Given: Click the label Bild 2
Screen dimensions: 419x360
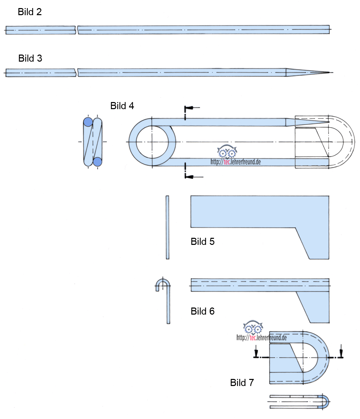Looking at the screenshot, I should (x=30, y=12).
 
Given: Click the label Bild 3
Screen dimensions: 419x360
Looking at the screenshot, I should (x=30, y=58).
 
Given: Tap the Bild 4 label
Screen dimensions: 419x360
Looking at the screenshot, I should (x=122, y=106).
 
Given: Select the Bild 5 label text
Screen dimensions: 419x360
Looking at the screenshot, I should (x=202, y=241).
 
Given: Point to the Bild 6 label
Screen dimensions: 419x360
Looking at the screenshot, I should (x=202, y=311).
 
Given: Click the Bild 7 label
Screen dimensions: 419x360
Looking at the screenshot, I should (x=242, y=383).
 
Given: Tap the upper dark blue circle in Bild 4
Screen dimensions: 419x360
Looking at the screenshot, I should (x=88, y=122).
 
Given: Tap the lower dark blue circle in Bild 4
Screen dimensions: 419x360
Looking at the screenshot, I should (x=97, y=162).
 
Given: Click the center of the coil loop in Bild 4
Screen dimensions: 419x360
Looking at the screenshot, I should (x=152, y=142).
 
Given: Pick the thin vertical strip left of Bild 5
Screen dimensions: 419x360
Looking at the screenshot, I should (x=168, y=227).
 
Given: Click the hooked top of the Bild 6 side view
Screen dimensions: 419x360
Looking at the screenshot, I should (x=163, y=283).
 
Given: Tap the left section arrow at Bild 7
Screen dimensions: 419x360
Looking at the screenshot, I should (x=257, y=353).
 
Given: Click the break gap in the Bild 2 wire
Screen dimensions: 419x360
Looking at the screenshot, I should (x=77, y=30).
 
